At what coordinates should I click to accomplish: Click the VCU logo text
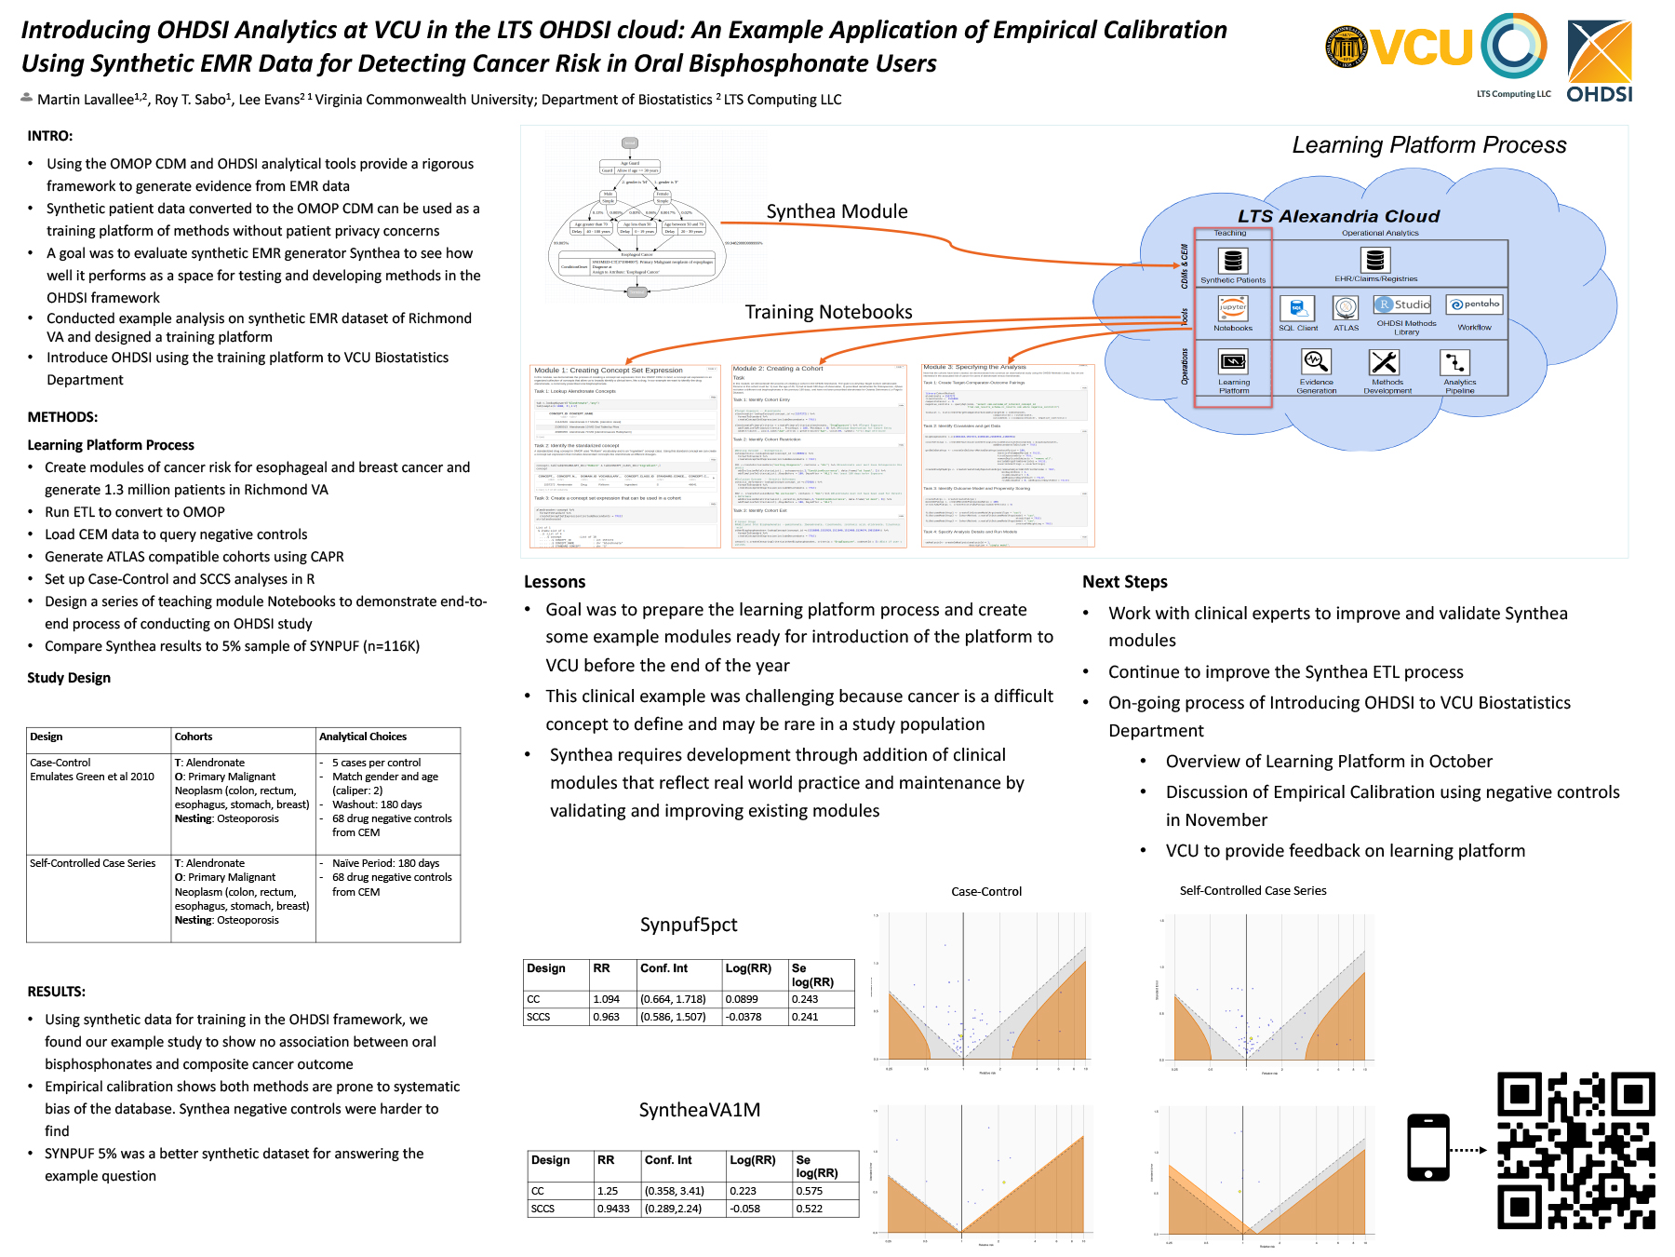pos(1421,47)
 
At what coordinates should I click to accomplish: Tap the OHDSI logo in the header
pos(1600,61)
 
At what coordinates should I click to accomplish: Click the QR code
pos(1575,1150)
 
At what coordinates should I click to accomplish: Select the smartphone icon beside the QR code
pos(1428,1147)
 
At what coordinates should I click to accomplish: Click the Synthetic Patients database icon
pos(1232,261)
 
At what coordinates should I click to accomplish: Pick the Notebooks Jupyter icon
pos(1233,307)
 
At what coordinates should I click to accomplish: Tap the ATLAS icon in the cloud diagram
pos(1346,308)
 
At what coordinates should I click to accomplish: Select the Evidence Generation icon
pos(1316,361)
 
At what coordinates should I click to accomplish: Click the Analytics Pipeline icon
pos(1455,361)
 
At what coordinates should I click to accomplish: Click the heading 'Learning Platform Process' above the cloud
pos(1428,145)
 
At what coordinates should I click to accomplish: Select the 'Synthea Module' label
pos(837,211)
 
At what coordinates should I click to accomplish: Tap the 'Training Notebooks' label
pos(828,312)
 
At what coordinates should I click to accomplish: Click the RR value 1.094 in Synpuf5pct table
pos(607,999)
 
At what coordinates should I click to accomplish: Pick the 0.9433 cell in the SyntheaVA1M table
pos(613,1209)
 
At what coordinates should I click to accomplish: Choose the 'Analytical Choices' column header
pos(363,737)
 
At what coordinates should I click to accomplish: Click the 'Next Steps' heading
pos(1124,582)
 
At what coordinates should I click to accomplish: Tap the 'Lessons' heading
pos(555,582)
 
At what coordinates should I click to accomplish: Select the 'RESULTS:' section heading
pos(57,992)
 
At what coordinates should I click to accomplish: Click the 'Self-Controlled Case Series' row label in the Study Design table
pos(93,863)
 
